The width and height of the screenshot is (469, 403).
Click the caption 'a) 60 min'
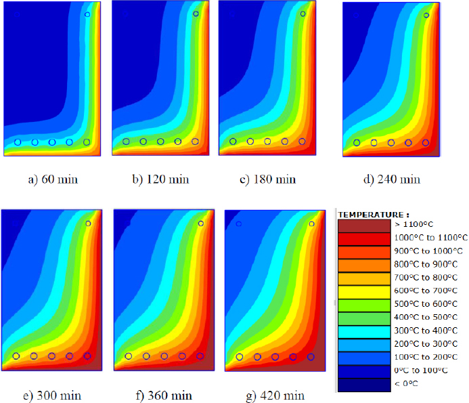click(x=53, y=179)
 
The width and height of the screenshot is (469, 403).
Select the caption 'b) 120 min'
click(x=160, y=179)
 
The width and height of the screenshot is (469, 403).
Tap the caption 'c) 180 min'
click(x=268, y=179)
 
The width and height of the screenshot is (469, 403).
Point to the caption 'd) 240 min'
click(x=392, y=179)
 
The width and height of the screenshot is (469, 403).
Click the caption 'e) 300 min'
click(x=52, y=396)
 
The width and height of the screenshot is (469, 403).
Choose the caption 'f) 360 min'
click(x=164, y=396)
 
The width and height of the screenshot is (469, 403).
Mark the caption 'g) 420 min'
click(x=275, y=396)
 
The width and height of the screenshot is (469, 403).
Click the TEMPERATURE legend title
click(x=374, y=215)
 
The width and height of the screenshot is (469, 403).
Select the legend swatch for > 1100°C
click(x=364, y=226)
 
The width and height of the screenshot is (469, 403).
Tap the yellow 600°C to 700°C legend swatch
click(x=364, y=292)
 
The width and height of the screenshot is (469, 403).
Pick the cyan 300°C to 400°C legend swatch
click(x=364, y=332)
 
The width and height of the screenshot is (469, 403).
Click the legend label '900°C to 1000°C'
click(x=428, y=251)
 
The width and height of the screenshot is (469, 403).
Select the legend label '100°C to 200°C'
click(x=426, y=357)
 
